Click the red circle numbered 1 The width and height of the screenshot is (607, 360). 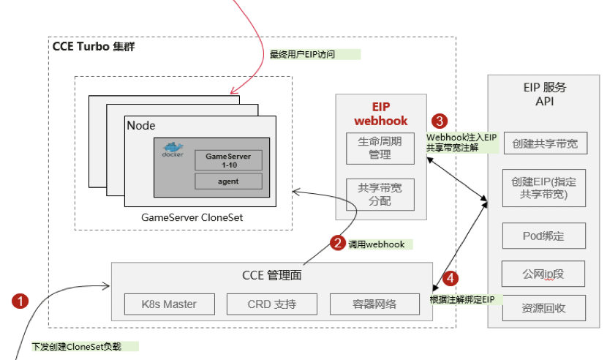(x=20, y=300)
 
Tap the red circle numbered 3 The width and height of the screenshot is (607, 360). (x=439, y=120)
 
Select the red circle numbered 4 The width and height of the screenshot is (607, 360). (x=451, y=278)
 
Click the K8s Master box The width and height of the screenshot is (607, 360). (x=169, y=304)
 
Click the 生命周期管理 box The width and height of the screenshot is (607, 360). (x=380, y=149)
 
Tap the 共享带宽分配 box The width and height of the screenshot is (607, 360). (x=380, y=194)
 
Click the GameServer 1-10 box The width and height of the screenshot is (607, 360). (x=227, y=160)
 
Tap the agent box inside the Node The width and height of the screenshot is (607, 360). (x=227, y=181)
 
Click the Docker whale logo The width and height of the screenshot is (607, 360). (x=173, y=150)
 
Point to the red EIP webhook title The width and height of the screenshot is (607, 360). (x=380, y=113)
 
